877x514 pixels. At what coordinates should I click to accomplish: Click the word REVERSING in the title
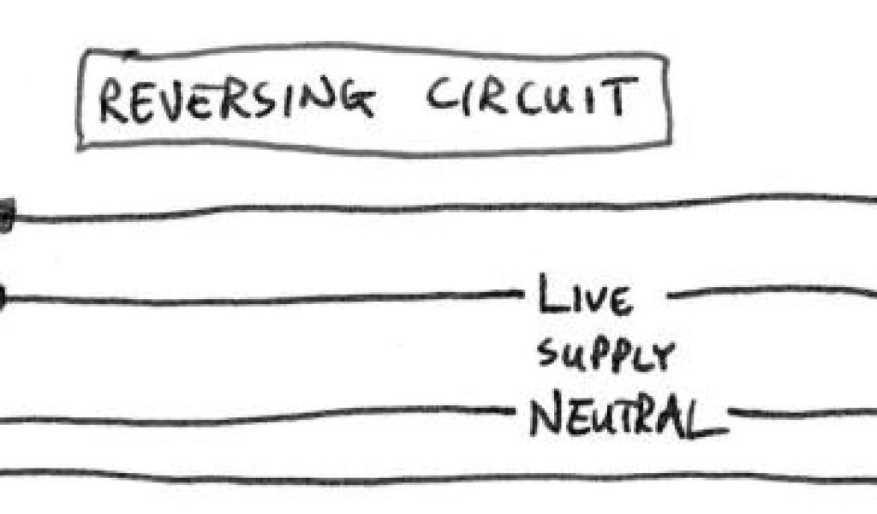tap(236, 101)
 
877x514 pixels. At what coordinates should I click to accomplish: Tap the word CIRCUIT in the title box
tap(531, 99)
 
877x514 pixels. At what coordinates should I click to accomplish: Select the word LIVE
tap(586, 297)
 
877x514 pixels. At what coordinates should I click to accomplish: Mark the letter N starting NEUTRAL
tap(543, 418)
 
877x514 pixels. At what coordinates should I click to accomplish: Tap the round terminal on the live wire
tap(2, 298)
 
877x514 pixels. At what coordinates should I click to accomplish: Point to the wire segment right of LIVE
tap(771, 292)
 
